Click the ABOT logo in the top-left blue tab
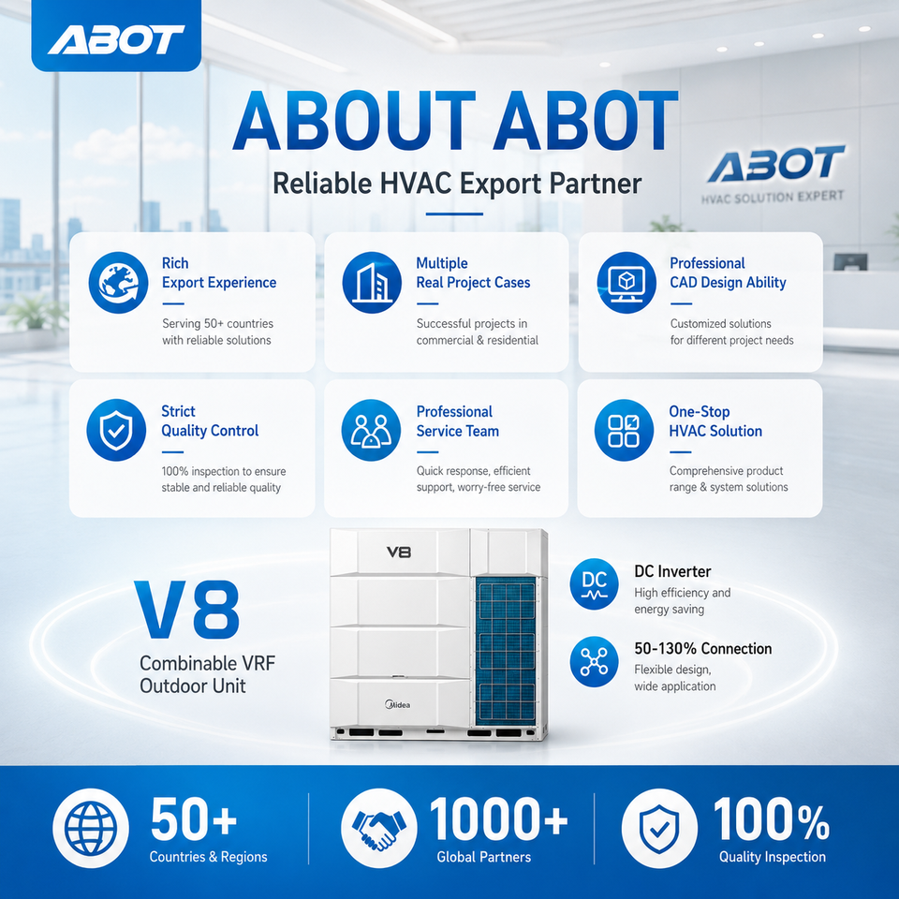pos(116,40)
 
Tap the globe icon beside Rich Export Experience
pos(118,282)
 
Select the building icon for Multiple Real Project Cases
pos(372,282)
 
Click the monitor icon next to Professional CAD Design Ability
pos(626,282)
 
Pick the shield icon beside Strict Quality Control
pos(116,430)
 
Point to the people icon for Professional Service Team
pos(371,430)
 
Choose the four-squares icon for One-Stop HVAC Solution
pos(624,430)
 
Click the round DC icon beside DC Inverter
pos(594,583)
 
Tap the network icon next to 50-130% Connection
pos(594,662)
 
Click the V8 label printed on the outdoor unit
pos(399,553)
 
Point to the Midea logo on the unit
pos(397,704)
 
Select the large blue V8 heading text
pos(187,610)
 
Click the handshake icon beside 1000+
pos(378,827)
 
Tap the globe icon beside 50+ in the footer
pos(91,827)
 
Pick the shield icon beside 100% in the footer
pos(659,827)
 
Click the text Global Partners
pos(484,857)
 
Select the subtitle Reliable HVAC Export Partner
pos(457,184)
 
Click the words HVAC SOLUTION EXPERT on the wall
pos(773,198)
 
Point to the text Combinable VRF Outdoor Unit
pos(208,674)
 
